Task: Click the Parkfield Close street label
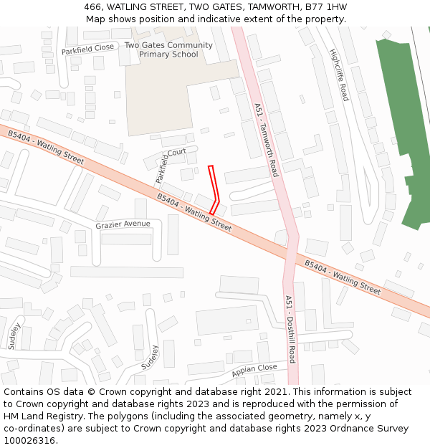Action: (x=87, y=49)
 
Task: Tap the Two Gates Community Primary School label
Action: (x=168, y=49)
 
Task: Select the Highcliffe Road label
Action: (x=338, y=75)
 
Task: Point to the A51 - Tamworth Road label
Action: (x=266, y=140)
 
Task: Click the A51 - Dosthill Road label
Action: (x=290, y=329)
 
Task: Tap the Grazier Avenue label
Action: (x=123, y=224)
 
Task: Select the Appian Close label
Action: (x=254, y=371)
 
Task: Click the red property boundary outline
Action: (x=213, y=190)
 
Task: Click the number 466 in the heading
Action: (x=92, y=6)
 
